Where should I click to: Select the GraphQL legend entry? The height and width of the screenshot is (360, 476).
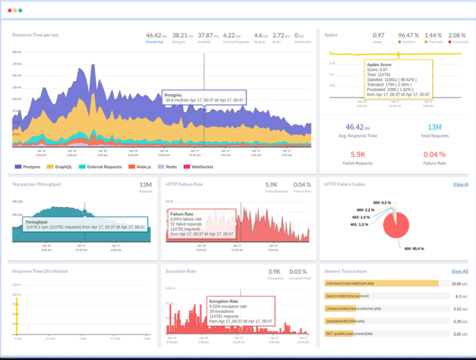tap(63, 167)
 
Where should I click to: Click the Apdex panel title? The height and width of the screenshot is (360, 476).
tap(331, 35)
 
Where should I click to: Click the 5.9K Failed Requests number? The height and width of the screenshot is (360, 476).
tap(358, 154)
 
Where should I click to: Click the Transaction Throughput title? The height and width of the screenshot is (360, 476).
tap(37, 184)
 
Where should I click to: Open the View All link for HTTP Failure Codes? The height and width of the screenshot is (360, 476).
tap(460, 184)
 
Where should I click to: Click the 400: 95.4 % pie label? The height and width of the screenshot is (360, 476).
tap(397, 248)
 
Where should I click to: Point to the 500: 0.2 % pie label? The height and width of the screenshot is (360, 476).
tap(381, 203)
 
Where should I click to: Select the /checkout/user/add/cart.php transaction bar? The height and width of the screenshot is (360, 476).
tap(381, 283)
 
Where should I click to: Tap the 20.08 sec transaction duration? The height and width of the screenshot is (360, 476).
tap(459, 283)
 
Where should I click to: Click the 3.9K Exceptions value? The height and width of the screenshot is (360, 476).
tap(275, 271)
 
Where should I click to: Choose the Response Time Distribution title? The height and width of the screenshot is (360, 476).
tap(40, 271)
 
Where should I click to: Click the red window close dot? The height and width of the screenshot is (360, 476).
tap(9, 11)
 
